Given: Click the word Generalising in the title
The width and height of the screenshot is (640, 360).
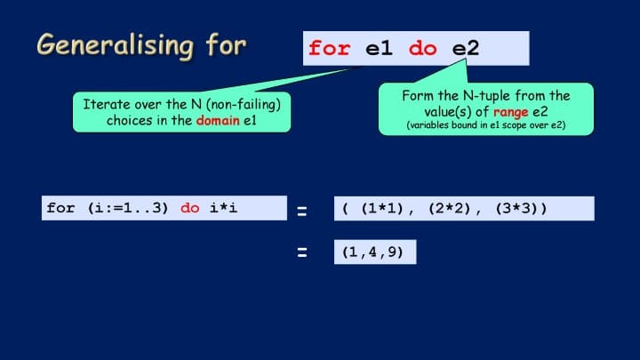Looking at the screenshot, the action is click(x=115, y=45).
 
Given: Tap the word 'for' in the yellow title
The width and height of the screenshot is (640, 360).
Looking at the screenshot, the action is click(x=226, y=44).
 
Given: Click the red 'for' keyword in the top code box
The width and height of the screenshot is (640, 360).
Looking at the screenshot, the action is click(x=330, y=48).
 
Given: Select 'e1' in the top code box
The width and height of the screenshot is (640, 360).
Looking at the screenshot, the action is click(x=379, y=49).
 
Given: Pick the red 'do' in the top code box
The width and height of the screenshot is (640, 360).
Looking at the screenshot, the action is click(x=423, y=49).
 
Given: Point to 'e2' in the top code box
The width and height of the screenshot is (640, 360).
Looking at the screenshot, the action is click(x=466, y=49).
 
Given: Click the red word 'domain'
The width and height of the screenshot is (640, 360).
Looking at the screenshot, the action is click(x=218, y=120).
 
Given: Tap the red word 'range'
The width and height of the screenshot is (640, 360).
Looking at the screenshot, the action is click(x=510, y=112).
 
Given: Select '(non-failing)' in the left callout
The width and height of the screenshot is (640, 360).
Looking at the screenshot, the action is click(x=244, y=105).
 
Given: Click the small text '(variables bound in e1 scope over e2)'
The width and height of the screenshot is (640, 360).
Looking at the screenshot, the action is click(x=486, y=125).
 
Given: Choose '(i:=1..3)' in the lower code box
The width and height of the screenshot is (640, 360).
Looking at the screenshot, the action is click(x=128, y=208).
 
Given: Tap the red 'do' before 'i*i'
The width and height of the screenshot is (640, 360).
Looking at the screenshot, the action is click(x=190, y=208).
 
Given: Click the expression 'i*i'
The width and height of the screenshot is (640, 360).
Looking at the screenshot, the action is click(x=223, y=208).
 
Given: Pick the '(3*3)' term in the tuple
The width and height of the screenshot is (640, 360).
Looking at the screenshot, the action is click(x=516, y=209).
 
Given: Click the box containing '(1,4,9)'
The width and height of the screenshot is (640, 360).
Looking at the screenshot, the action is click(x=375, y=252).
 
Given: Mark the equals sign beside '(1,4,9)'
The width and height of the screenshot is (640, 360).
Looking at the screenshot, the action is click(x=302, y=252).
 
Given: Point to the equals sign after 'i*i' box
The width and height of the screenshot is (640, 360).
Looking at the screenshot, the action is click(x=302, y=211).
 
